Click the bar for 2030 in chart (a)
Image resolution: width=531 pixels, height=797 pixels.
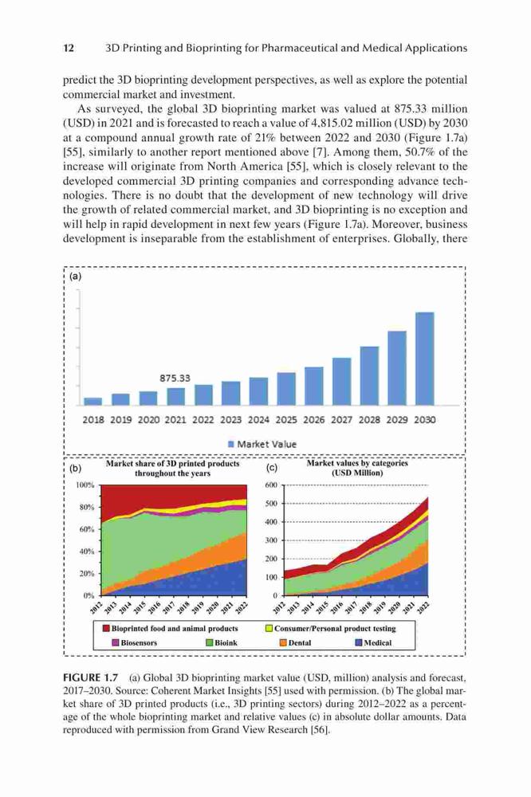[425, 359]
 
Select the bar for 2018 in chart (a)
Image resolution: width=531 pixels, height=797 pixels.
[92, 402]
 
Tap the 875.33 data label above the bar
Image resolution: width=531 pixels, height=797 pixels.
[175, 378]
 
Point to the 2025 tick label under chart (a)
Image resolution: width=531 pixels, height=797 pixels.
[286, 420]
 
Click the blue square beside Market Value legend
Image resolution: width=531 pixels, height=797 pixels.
[231, 444]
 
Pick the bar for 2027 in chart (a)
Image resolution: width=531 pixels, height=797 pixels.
[342, 381]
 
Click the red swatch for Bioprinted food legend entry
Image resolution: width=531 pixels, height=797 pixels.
[106, 628]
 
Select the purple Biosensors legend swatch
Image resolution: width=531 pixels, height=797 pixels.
[116, 642]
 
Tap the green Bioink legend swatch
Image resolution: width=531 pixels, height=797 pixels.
[209, 642]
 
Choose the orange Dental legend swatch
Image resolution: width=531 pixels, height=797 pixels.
[283, 642]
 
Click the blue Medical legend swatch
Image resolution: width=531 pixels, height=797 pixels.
[359, 642]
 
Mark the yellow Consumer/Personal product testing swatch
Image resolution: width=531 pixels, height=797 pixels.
[269, 628]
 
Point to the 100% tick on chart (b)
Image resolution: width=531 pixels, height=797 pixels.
[85, 485]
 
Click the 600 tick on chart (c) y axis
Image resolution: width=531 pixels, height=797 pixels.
[272, 485]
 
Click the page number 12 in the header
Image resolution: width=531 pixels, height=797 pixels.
[69, 49]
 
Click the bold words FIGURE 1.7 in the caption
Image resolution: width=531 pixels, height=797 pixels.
[91, 677]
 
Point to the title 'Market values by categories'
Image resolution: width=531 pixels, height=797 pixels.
[357, 463]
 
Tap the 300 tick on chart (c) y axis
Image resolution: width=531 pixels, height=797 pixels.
[272, 540]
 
